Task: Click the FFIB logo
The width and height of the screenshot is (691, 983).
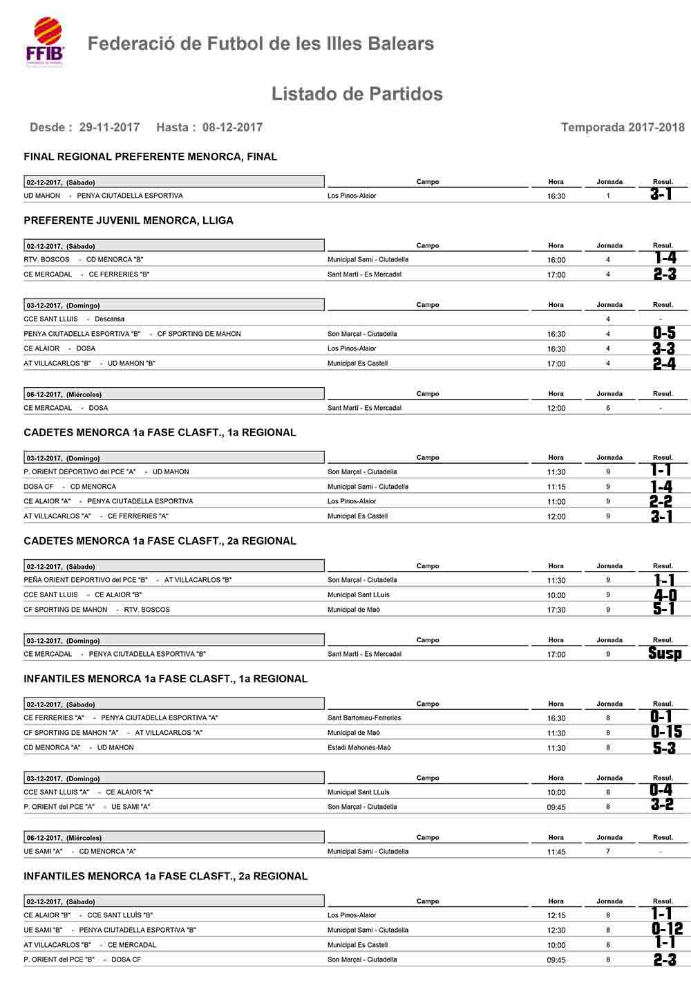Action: click(45, 42)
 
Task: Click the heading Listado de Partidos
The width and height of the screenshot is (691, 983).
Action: click(357, 94)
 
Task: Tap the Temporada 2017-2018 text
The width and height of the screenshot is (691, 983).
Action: click(622, 127)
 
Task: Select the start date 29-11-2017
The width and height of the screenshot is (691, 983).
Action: click(109, 127)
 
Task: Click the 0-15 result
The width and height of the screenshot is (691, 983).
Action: click(665, 732)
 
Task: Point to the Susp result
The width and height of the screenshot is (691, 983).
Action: click(664, 653)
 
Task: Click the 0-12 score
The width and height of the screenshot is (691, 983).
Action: click(666, 929)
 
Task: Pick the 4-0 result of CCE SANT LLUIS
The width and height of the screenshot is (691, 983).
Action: click(665, 595)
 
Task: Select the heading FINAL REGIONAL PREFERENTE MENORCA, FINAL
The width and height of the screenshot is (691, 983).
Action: click(150, 157)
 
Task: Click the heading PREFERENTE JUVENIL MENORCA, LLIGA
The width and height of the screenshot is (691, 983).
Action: click(129, 221)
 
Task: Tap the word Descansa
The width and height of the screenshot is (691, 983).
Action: click(110, 319)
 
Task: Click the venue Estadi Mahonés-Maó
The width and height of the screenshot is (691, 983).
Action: click(359, 747)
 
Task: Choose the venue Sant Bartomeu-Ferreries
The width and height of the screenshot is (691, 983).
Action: click(364, 718)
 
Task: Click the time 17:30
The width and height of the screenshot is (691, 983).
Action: click(556, 610)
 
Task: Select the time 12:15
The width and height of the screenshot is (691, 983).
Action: click(556, 915)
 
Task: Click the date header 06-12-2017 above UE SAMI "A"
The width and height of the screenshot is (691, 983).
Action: click(64, 838)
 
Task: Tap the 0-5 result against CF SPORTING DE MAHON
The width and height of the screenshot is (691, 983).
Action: click(664, 334)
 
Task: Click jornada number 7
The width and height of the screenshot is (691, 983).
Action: click(608, 852)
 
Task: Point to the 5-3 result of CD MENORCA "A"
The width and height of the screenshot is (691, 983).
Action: click(664, 748)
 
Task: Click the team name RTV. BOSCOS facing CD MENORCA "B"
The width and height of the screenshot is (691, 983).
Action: click(46, 260)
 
